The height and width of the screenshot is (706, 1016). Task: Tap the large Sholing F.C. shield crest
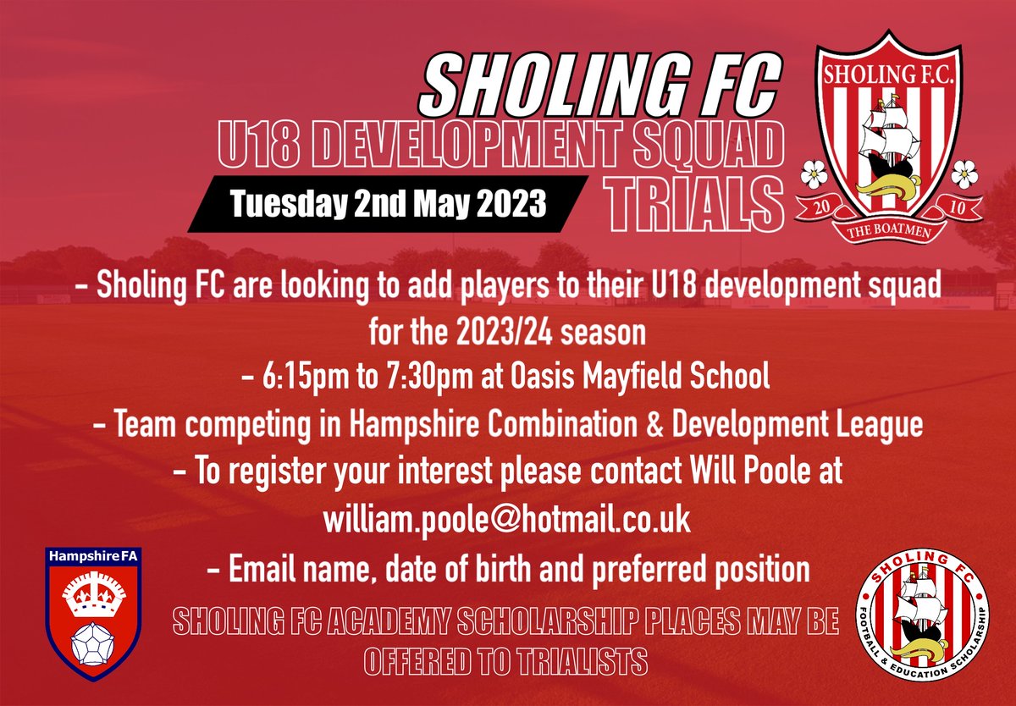click(x=889, y=135)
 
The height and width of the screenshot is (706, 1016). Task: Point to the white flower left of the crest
click(x=814, y=173)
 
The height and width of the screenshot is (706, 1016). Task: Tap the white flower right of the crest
click(x=963, y=173)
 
